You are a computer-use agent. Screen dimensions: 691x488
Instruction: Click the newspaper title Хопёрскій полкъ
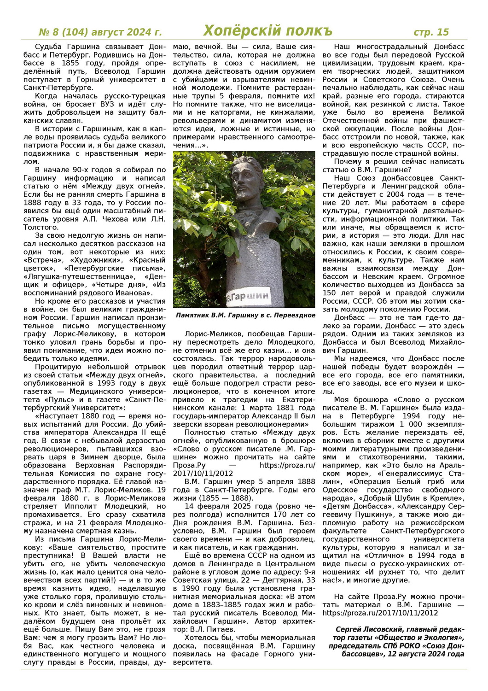[267, 31]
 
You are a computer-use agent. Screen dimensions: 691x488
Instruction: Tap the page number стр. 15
[431, 32]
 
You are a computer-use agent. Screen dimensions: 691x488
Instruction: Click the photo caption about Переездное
[245, 316]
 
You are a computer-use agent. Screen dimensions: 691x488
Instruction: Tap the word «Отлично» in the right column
[383, 556]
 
